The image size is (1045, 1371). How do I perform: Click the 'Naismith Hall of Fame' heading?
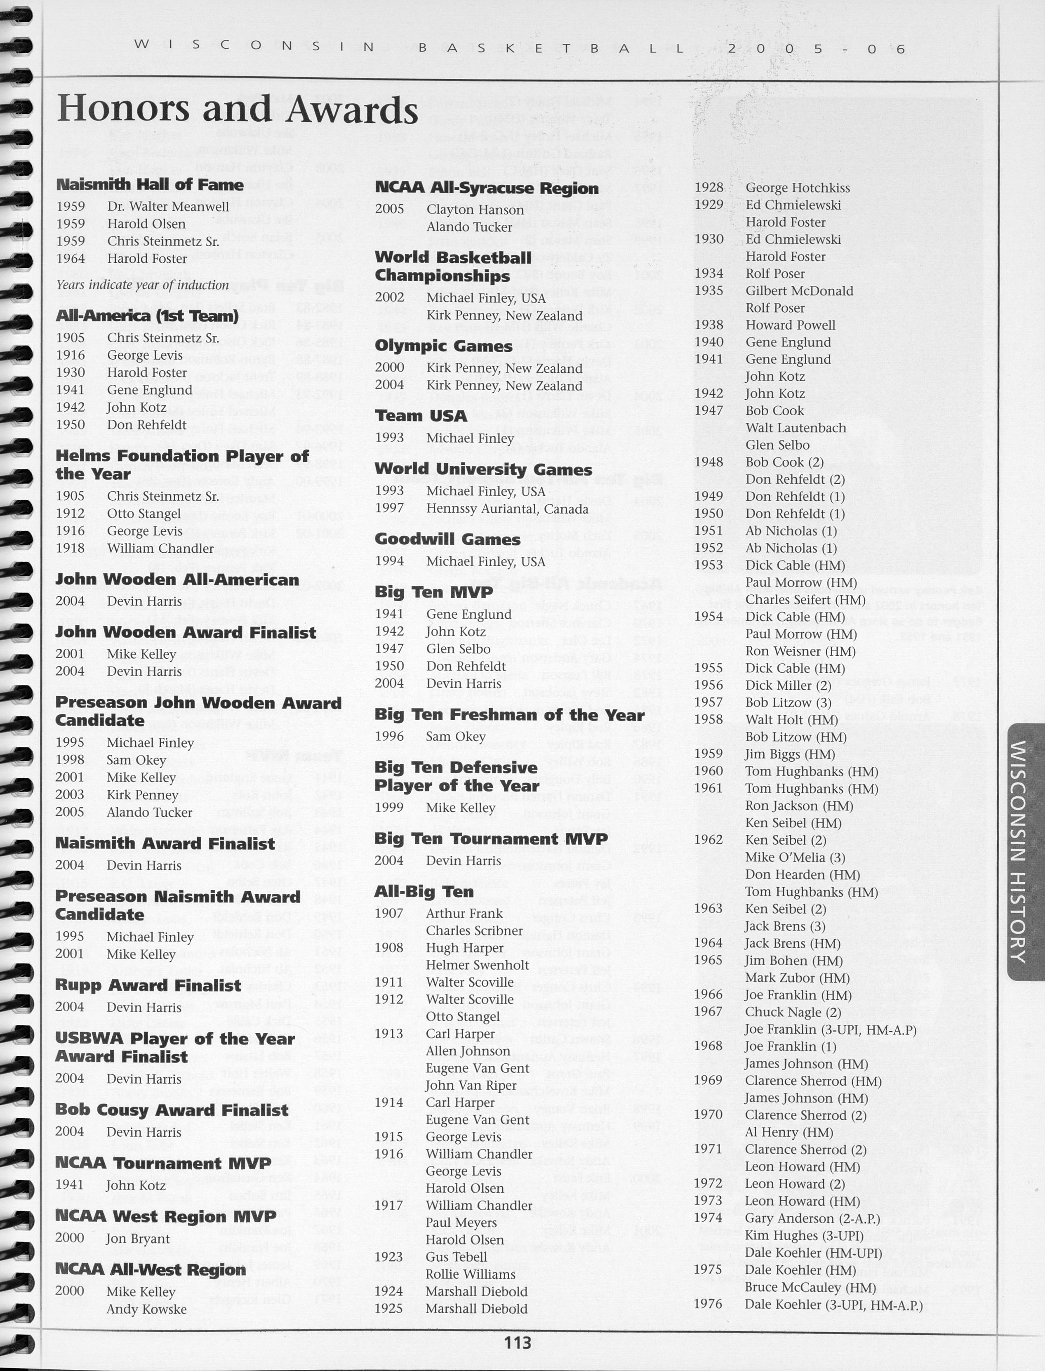click(149, 185)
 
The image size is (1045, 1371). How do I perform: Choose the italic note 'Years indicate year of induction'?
click(142, 285)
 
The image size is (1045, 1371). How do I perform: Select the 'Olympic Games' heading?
click(443, 346)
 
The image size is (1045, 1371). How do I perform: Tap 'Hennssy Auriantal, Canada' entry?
click(507, 509)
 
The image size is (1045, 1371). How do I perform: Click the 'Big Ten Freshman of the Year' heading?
click(509, 715)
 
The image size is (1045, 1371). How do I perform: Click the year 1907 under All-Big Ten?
click(389, 913)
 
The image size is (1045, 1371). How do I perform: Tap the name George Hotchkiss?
click(798, 188)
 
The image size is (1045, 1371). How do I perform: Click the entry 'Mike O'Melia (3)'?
click(795, 857)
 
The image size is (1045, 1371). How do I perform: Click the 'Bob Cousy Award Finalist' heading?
click(172, 1110)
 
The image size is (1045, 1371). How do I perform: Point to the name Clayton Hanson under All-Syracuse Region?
click(475, 210)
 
